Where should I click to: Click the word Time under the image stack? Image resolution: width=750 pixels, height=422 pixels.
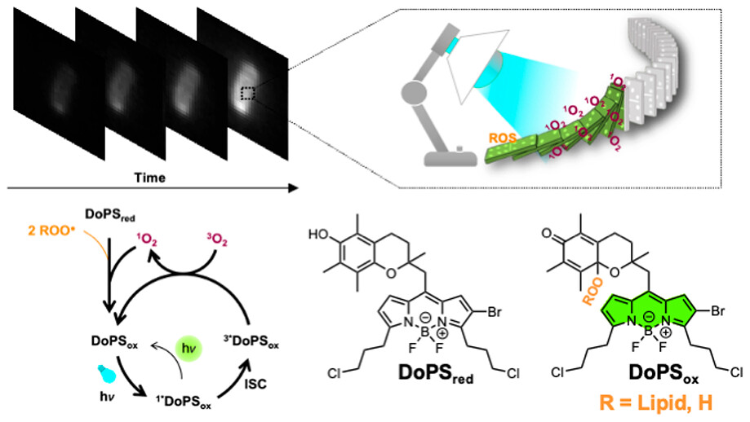click(x=150, y=177)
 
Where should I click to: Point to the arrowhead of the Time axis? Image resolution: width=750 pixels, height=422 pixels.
click(x=290, y=189)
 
